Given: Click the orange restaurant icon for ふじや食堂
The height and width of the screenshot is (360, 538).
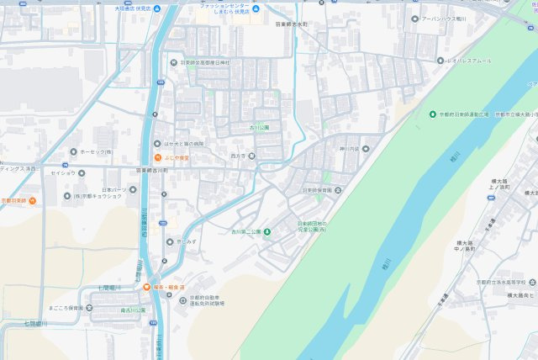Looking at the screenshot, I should point(156,157).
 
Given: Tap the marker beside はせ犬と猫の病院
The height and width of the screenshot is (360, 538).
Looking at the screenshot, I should point(156,144).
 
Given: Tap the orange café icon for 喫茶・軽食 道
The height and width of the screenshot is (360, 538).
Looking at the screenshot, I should point(147,287).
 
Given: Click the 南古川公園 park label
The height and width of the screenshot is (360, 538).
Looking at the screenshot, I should point(132,310).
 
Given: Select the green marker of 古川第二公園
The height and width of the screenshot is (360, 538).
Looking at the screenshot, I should point(267,231).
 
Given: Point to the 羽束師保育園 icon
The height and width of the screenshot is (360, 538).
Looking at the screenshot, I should point(338,191).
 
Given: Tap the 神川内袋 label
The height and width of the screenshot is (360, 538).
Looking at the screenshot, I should point(348,149).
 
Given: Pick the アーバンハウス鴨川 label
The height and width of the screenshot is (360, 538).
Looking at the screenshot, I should point(446,18).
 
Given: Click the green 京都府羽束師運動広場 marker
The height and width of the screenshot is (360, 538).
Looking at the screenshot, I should point(432,114).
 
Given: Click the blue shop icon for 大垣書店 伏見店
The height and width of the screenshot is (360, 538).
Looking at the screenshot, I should point(162,8).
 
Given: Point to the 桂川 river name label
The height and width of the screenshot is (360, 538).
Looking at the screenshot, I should point(386,266).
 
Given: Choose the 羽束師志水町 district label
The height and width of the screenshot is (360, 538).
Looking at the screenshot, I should point(292,25).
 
